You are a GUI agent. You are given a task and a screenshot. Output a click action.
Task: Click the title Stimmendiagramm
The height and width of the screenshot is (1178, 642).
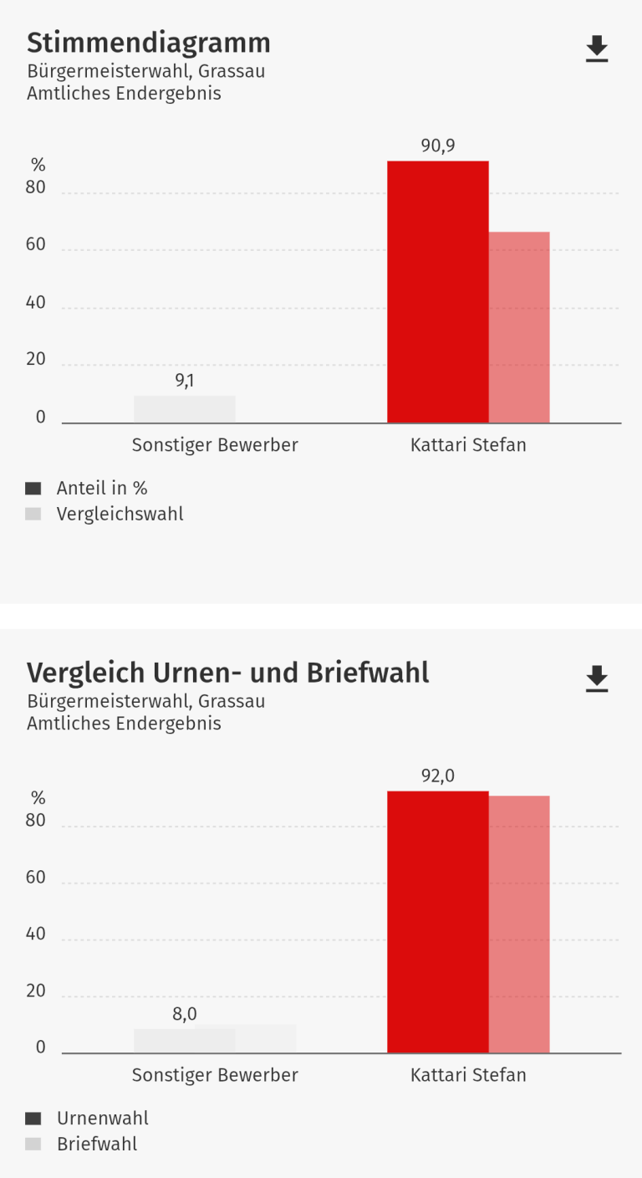pos(149,43)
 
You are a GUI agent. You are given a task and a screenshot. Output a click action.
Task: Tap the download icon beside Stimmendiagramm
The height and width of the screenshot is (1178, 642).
pos(596,49)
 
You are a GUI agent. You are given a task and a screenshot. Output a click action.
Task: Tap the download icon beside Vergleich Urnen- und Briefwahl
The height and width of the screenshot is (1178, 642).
pos(596,679)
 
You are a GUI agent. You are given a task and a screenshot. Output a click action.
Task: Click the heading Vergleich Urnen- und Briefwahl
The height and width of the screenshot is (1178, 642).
pos(227,673)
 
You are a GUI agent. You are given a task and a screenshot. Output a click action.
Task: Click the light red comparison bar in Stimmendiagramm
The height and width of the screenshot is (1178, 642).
pos(519,327)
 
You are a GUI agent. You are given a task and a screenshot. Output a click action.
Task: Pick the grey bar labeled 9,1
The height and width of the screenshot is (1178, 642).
pos(185,409)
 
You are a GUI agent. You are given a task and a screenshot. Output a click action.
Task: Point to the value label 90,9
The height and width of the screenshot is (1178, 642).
pos(437,146)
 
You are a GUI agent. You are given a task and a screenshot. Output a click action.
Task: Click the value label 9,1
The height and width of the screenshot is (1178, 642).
pos(185,382)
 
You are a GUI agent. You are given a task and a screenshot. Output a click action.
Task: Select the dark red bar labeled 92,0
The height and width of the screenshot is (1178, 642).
pos(437,921)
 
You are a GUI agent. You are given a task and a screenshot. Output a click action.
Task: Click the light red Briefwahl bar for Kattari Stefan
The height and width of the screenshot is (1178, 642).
pos(519,924)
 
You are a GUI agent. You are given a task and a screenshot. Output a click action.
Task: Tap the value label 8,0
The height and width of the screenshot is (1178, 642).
pos(185,1014)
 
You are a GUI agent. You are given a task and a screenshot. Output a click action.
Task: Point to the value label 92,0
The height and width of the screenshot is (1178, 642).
pos(437,776)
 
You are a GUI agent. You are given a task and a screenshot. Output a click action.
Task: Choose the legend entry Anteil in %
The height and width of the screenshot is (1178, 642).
pos(101,488)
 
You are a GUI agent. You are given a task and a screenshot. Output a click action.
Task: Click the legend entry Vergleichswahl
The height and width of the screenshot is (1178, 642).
pos(120,514)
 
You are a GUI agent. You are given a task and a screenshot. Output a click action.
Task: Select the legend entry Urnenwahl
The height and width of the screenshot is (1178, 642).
pos(102,1118)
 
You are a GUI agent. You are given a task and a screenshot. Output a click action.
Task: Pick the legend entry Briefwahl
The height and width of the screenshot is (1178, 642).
pos(97,1144)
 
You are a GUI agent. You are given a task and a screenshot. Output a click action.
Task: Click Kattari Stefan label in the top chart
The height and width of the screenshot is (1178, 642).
pos(468,445)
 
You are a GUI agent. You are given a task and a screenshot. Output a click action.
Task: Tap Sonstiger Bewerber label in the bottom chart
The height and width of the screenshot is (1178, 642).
pos(215,1075)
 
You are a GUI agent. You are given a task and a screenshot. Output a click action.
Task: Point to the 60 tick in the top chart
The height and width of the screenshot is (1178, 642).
pos(36,247)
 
